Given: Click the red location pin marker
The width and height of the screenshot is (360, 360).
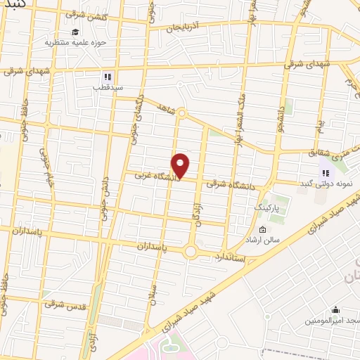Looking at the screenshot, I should coord(181,165).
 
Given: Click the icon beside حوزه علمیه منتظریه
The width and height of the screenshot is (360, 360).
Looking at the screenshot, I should coord(75,31).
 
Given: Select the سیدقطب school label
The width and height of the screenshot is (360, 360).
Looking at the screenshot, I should coord(108,88).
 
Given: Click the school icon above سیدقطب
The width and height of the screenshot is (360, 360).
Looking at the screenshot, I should coord(108,77).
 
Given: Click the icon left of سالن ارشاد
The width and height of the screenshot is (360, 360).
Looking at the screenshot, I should coord(263,229).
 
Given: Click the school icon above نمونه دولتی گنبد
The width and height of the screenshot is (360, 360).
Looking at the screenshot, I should coord(325,173).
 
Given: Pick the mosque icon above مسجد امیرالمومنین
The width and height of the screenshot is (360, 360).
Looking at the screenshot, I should coord(335,309).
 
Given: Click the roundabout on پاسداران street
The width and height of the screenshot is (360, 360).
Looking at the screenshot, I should coord(191,251).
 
